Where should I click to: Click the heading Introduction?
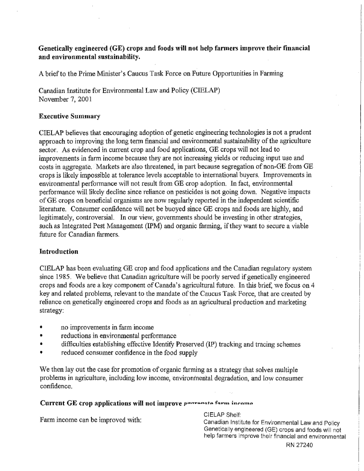pyautogui.click(x=59, y=252)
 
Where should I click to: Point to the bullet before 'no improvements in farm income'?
pyautogui.click(x=41, y=327)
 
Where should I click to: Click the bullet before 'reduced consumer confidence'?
pyautogui.click(x=41, y=353)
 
